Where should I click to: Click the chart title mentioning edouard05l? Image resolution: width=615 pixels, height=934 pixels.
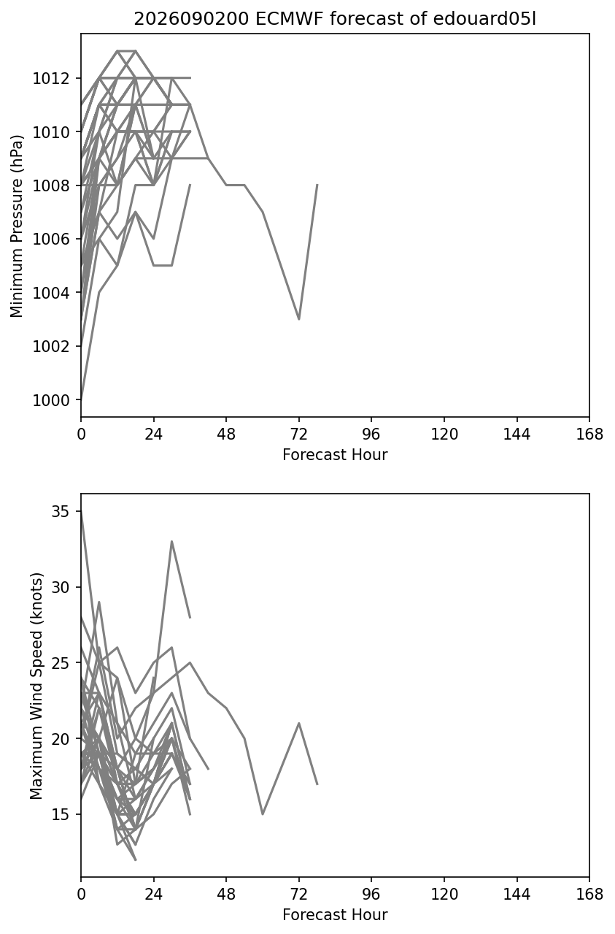tap(335, 19)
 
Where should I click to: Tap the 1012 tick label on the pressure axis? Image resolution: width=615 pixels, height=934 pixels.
tap(50, 78)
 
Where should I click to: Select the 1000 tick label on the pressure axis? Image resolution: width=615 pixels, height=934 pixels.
tap(50, 400)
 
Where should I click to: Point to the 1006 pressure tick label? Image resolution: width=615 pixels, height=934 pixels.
tap(50, 240)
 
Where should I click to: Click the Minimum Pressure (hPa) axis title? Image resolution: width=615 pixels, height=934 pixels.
tap(17, 226)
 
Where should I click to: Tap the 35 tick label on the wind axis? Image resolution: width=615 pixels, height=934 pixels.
tap(60, 512)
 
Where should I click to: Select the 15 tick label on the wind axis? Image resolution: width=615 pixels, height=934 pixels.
tap(60, 814)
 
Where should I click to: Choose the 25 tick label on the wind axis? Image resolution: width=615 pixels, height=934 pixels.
tap(60, 663)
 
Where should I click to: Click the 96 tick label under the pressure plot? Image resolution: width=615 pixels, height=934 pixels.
tap(371, 435)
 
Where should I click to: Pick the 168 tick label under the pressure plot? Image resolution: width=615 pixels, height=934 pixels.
tap(589, 435)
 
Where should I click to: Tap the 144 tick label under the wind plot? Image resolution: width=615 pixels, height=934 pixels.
tap(517, 895)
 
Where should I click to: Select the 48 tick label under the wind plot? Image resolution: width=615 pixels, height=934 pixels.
tap(226, 895)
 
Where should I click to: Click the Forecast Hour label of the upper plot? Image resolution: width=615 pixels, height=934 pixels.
tap(335, 454)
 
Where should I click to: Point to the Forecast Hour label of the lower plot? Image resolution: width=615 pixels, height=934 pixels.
tap(335, 915)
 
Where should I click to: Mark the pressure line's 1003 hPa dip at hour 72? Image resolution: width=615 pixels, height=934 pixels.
tap(299, 319)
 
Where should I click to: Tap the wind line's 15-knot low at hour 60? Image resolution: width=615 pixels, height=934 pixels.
tap(263, 814)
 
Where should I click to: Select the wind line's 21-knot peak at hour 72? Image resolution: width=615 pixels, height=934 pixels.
tap(299, 723)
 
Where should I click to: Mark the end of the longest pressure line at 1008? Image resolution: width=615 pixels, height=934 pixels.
tap(317, 185)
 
